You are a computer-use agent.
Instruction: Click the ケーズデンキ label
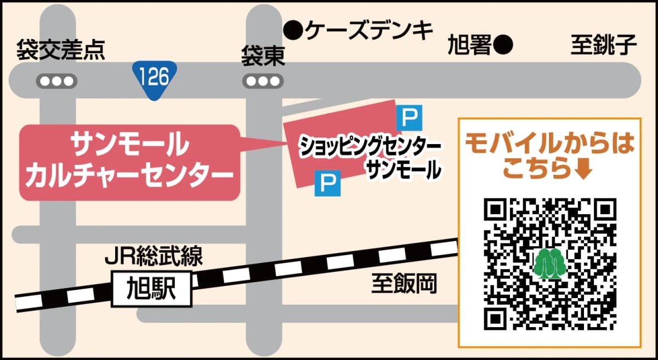(369, 31)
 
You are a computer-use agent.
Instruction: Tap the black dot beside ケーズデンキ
(295, 31)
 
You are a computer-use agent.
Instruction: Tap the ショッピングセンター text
(362, 146)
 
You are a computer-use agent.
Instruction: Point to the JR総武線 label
(154, 256)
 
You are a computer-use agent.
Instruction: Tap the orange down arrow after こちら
(583, 170)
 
